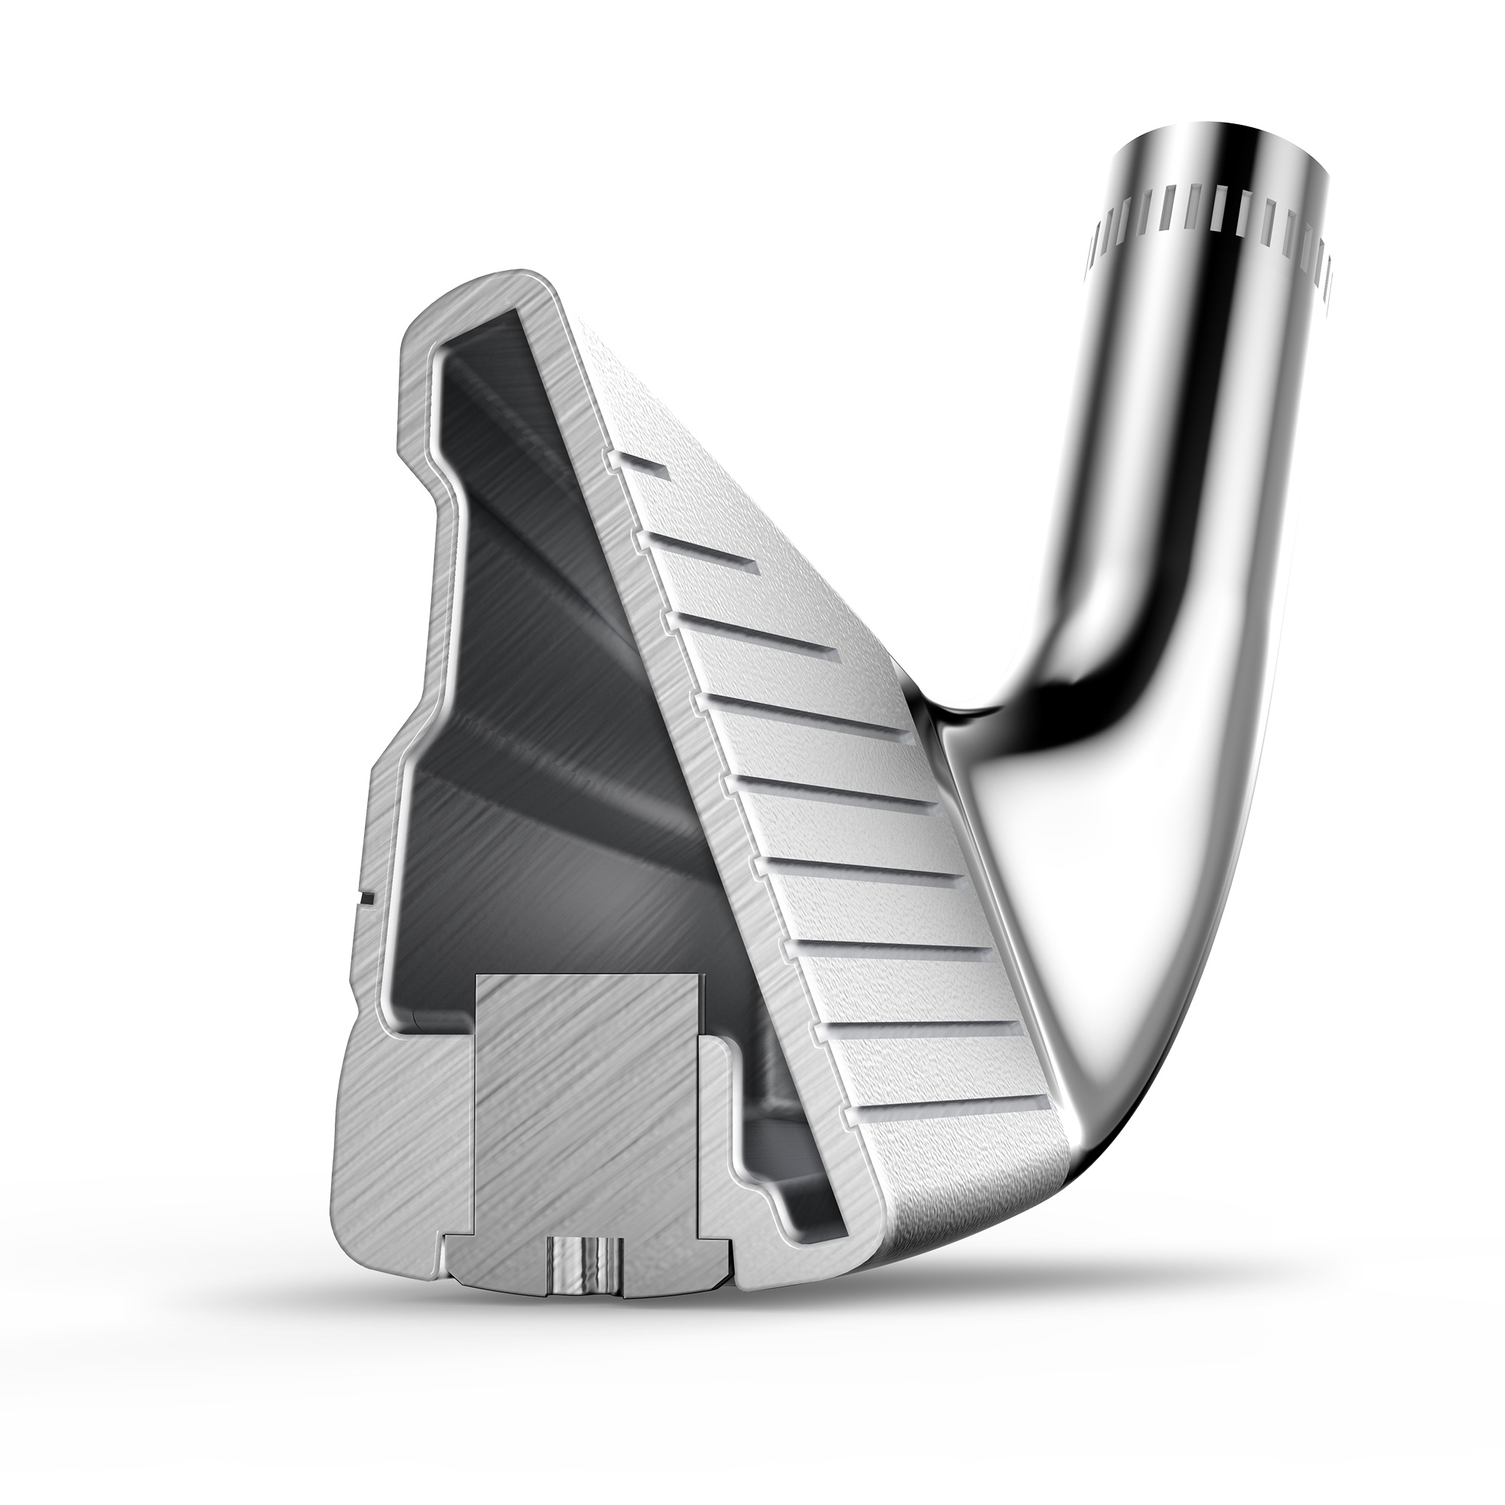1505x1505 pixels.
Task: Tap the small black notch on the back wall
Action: [x=366, y=898]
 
